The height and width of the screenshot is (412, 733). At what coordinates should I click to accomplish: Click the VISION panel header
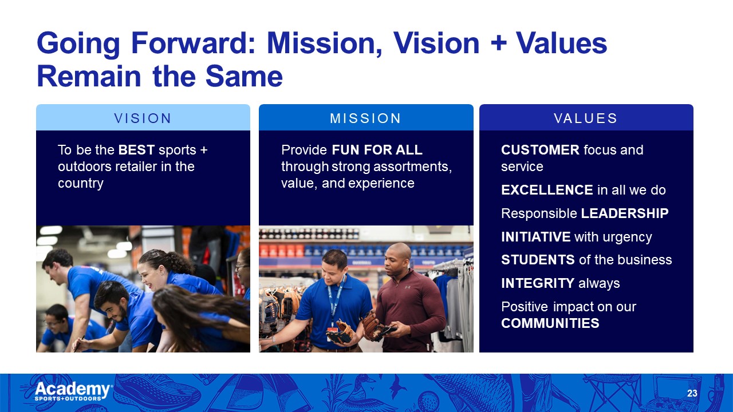pyautogui.click(x=143, y=117)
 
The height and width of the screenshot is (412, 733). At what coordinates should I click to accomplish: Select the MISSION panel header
pyautogui.click(x=366, y=117)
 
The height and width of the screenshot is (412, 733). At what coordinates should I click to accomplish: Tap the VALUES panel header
pyautogui.click(x=586, y=117)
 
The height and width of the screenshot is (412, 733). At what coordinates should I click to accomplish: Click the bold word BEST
pyautogui.click(x=136, y=150)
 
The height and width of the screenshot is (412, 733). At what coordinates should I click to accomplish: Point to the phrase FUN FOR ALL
pyautogui.click(x=377, y=150)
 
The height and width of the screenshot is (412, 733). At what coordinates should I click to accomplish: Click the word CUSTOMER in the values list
pyautogui.click(x=540, y=150)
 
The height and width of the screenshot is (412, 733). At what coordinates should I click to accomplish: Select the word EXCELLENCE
pyautogui.click(x=547, y=190)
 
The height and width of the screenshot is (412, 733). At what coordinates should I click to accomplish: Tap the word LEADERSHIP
pyautogui.click(x=625, y=213)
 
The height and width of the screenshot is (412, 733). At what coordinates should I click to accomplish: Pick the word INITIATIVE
pyautogui.click(x=535, y=237)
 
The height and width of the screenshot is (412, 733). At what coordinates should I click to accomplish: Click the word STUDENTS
pyautogui.click(x=538, y=260)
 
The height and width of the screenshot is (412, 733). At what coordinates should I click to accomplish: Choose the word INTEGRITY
pyautogui.click(x=538, y=283)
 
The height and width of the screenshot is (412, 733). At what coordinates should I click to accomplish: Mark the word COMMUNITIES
pyautogui.click(x=550, y=323)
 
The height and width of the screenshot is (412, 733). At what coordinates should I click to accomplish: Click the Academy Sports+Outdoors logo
pyautogui.click(x=74, y=391)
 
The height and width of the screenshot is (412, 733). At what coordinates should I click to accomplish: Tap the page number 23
pyautogui.click(x=692, y=393)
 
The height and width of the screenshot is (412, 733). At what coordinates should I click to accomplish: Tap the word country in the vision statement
pyautogui.click(x=81, y=184)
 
